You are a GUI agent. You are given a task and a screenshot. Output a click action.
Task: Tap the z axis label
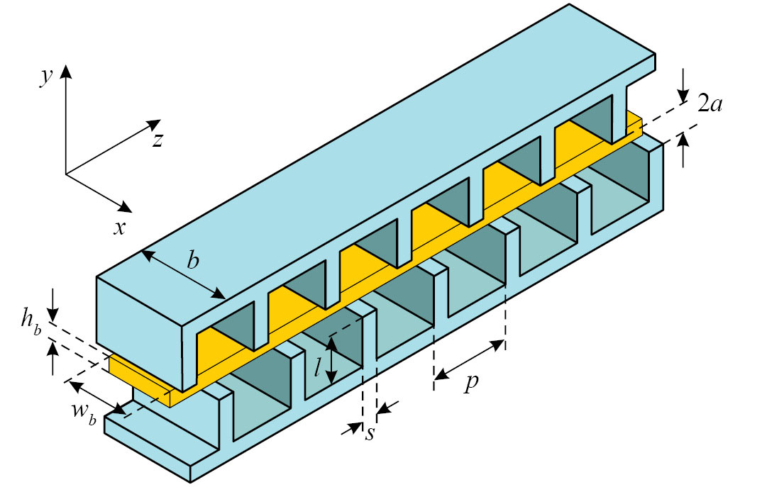point(158,140)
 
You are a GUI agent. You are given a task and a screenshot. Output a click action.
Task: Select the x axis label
point(119,228)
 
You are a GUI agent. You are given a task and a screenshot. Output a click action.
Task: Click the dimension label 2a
point(709,104)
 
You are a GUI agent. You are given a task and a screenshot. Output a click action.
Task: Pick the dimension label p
point(470,383)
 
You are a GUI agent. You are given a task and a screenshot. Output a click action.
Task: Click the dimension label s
point(370,434)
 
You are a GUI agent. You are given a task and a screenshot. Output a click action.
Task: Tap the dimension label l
point(317,368)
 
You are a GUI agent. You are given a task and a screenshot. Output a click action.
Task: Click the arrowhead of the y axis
point(66,71)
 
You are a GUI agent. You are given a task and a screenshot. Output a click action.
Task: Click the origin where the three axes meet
point(66,174)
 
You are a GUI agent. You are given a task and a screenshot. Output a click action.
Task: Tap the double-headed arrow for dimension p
point(469,360)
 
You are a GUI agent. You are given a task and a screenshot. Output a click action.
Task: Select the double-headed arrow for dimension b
point(183,274)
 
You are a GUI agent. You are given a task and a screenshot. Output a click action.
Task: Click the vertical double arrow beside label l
point(331,361)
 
